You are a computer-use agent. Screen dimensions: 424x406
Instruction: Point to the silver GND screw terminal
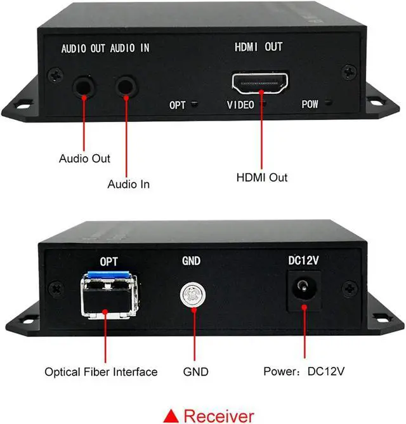click(191, 294)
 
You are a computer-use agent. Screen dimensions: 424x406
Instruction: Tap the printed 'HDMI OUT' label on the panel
click(258, 47)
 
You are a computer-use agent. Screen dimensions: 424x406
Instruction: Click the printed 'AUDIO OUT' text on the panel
click(84, 49)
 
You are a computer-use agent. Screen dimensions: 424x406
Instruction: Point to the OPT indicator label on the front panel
click(178, 104)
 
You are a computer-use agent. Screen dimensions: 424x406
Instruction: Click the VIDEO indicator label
click(240, 104)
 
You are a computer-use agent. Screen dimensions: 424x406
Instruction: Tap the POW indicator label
click(310, 104)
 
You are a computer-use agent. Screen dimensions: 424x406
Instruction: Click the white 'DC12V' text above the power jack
click(303, 260)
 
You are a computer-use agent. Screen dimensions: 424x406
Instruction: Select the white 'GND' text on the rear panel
click(191, 260)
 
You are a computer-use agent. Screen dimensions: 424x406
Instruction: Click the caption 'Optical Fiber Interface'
click(101, 371)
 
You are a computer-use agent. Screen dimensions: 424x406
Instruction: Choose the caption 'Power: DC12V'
click(303, 371)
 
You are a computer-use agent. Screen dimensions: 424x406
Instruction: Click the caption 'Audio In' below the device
click(129, 185)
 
